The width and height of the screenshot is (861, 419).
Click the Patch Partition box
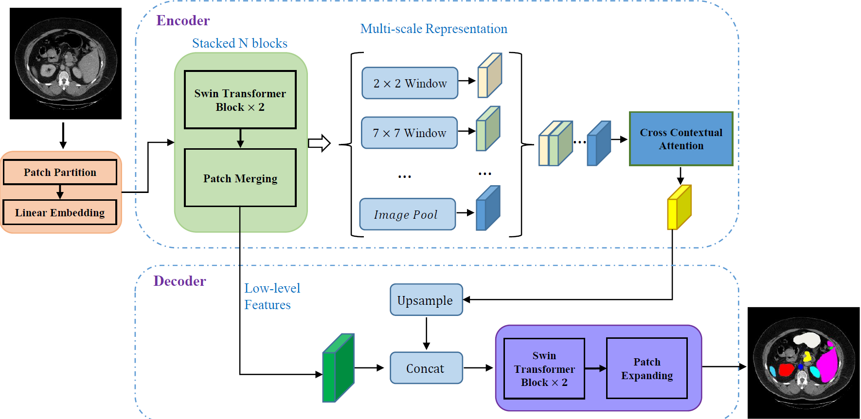tap(60, 172)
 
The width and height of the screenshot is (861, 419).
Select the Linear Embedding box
tap(60, 212)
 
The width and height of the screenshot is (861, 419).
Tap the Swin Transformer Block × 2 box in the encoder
tap(240, 100)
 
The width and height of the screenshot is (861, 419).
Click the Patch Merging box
tap(240, 178)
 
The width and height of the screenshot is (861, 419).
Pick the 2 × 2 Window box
tap(410, 83)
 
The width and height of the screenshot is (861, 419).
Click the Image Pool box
tap(407, 214)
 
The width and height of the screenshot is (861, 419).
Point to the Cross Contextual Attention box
tap(681, 139)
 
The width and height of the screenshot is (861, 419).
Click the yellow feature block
tap(679, 208)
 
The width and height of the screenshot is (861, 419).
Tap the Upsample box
tap(426, 300)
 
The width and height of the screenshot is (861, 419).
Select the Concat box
tap(426, 368)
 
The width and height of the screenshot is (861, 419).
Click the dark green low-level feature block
tap(339, 368)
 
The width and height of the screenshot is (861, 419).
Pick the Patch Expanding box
tap(647, 368)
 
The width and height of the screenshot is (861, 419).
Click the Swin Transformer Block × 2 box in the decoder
tap(544, 368)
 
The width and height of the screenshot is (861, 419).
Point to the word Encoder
tap(183, 20)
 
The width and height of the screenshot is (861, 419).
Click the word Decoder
tap(179, 281)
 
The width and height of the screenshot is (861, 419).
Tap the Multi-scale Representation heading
tap(433, 29)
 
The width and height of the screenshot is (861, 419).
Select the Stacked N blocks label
tap(239, 43)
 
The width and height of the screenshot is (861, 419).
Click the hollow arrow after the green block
tap(320, 143)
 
